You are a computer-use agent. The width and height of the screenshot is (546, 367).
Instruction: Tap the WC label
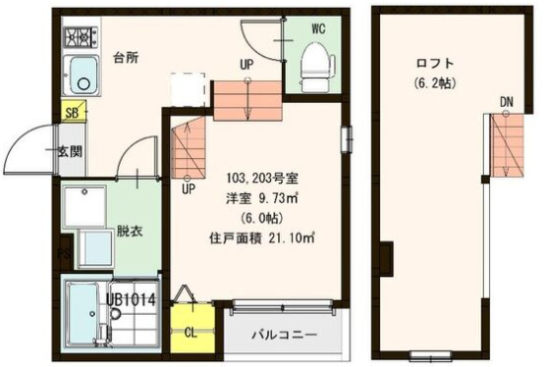pyautogui.click(x=318, y=27)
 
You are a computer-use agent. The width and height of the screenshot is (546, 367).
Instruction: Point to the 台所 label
pyautogui.click(x=125, y=57)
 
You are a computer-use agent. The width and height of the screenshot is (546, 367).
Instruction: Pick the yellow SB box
pyautogui.click(x=71, y=112)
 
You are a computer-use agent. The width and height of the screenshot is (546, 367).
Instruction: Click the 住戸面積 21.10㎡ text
pyautogui.click(x=260, y=237)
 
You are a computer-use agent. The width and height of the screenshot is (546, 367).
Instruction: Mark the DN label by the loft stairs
pyautogui.click(x=506, y=102)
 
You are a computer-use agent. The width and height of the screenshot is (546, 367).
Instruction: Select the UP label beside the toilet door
pyautogui.click(x=247, y=66)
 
